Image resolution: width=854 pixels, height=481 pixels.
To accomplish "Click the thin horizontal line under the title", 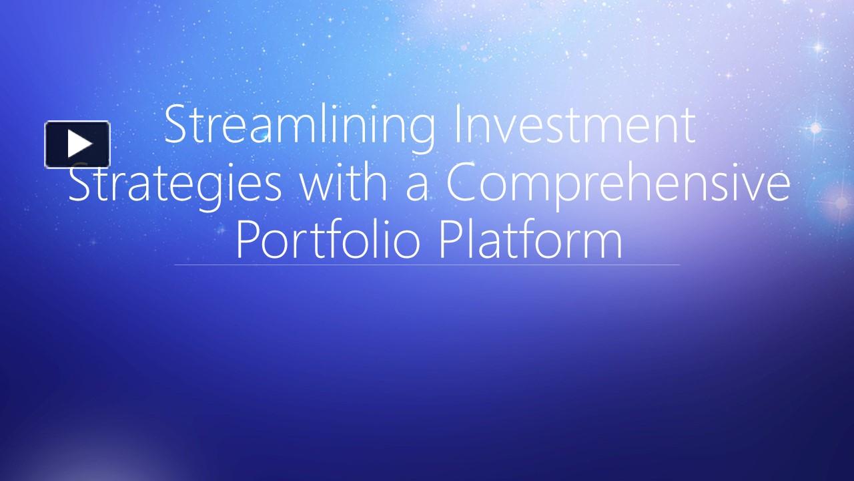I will click(x=427, y=265).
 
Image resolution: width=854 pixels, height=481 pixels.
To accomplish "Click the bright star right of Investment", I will click(x=815, y=128).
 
